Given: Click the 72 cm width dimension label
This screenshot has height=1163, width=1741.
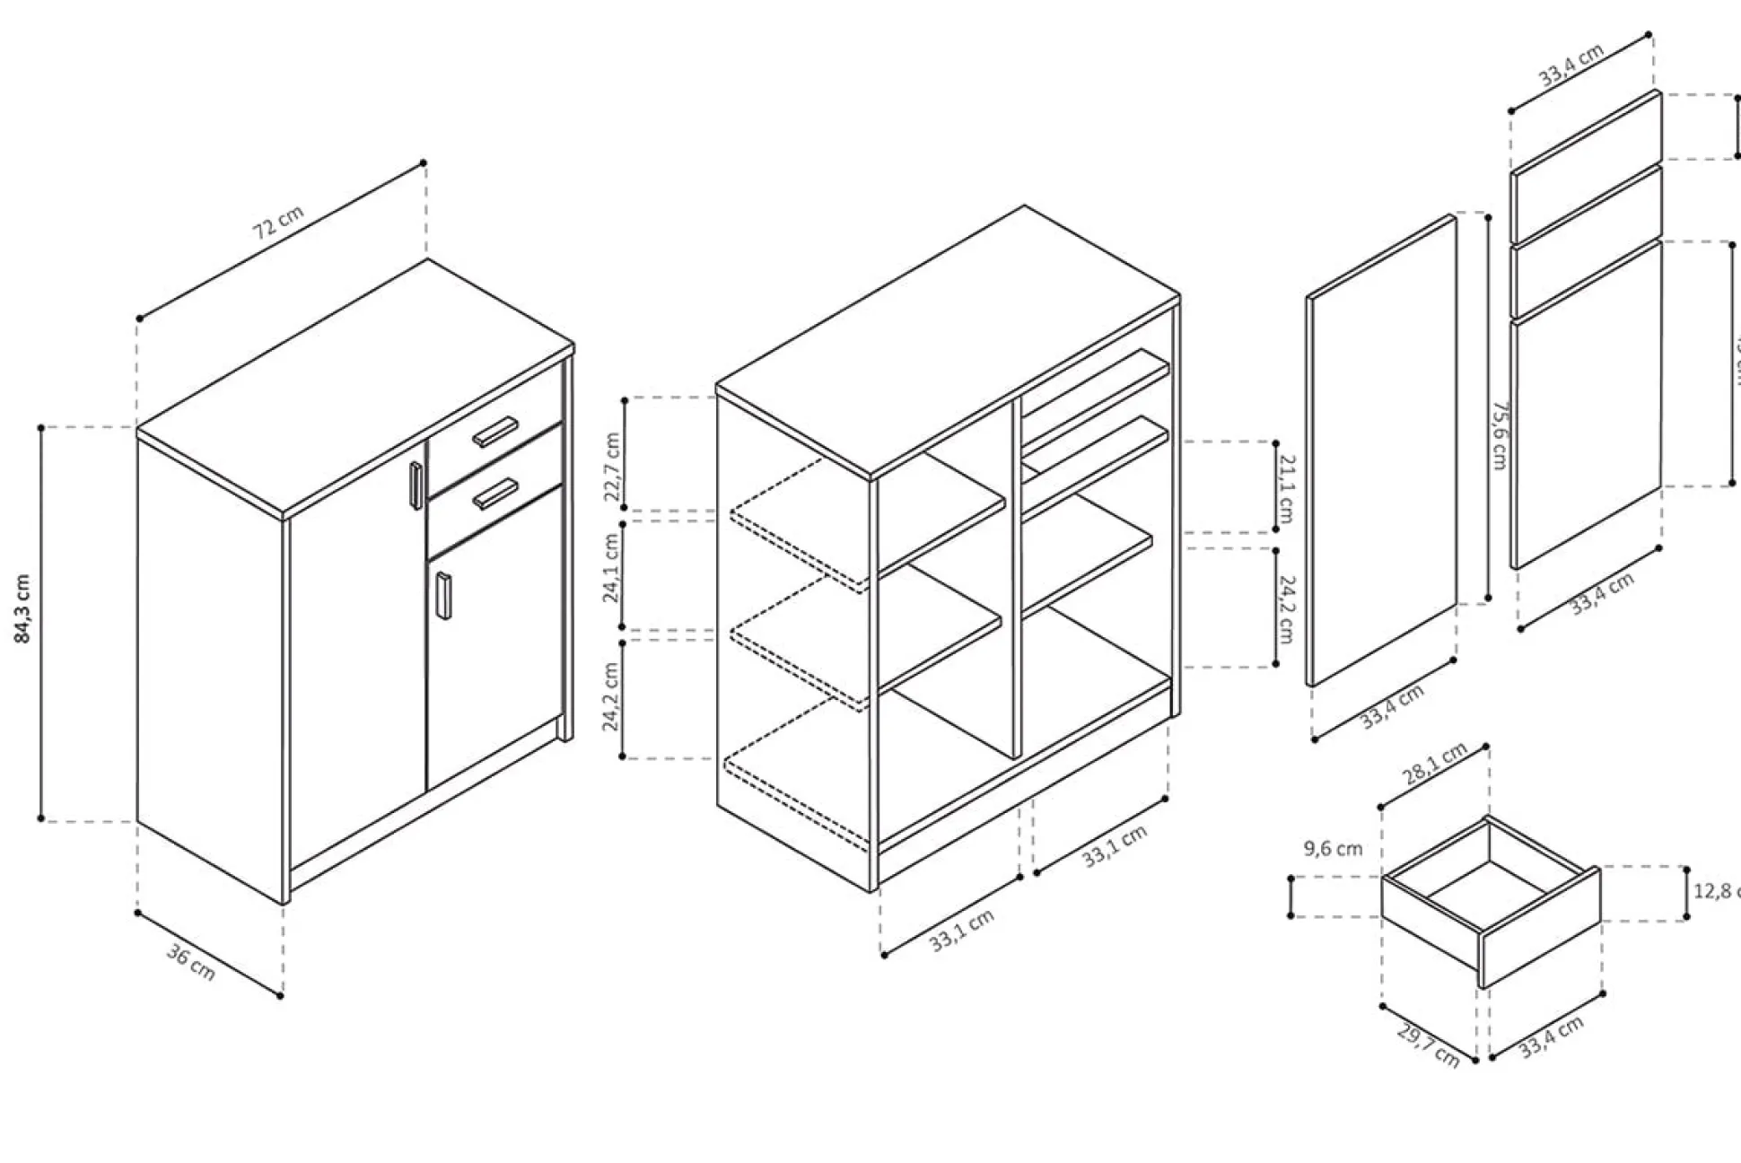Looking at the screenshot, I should click(x=278, y=222).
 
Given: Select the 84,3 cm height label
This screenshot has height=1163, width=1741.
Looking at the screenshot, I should click(x=23, y=608).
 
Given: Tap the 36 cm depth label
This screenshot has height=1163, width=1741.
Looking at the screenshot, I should click(x=191, y=963).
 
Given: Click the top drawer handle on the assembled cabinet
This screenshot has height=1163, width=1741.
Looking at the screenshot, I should click(x=495, y=432).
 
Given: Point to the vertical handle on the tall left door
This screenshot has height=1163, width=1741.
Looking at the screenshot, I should click(x=416, y=485).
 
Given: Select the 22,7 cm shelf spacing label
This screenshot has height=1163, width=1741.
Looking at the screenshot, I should click(x=612, y=467).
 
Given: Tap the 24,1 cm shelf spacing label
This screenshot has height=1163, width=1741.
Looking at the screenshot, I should click(x=612, y=568).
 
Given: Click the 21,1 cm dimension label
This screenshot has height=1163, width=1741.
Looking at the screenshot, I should click(x=1286, y=489).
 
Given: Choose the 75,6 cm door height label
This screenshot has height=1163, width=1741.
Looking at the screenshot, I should click(x=1498, y=434).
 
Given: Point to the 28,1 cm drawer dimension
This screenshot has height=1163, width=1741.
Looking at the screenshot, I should click(x=1436, y=765).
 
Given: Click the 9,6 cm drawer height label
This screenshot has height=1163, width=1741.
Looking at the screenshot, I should click(x=1333, y=849).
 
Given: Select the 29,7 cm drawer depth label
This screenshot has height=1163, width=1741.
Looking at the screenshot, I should click(x=1428, y=1045).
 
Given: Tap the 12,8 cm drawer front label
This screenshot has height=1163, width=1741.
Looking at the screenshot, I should click(x=1714, y=891).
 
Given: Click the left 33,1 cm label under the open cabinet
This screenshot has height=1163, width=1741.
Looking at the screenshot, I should click(x=961, y=930).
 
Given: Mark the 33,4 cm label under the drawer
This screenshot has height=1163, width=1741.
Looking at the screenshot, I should click(x=1551, y=1037).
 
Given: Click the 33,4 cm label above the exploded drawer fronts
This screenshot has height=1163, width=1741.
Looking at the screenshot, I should click(x=1571, y=65).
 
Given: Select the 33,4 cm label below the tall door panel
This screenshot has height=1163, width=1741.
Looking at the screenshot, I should click(x=1392, y=706).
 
